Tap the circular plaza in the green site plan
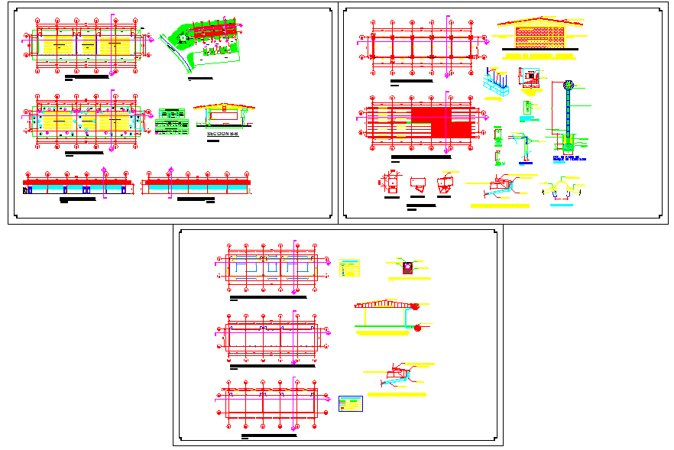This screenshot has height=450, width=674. (x=183, y=36)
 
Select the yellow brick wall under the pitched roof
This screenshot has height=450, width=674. (x=542, y=39)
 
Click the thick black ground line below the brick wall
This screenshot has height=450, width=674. (x=540, y=50)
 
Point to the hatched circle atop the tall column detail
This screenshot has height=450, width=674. (x=568, y=86)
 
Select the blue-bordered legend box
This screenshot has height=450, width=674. (x=351, y=403)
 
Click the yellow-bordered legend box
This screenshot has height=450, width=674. (x=350, y=269)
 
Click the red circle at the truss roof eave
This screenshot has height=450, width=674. (x=416, y=306)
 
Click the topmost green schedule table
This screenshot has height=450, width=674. (x=170, y=112)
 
